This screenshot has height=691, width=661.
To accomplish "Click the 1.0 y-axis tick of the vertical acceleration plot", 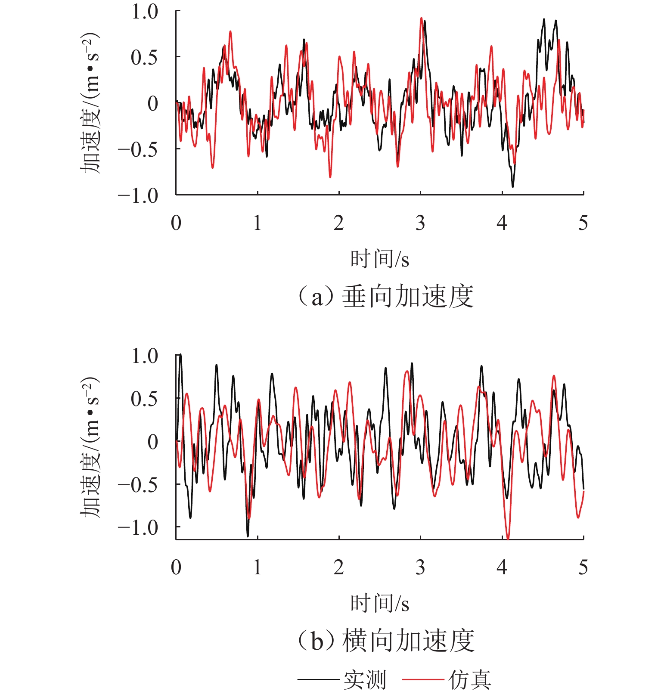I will tap(145, 12).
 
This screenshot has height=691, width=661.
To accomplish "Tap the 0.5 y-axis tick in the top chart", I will tap(145, 58).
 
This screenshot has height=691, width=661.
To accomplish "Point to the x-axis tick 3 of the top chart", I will tap(420, 223).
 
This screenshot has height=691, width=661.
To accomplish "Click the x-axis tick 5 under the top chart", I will tap(583, 223).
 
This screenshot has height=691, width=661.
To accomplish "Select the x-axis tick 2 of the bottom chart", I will tap(339, 567).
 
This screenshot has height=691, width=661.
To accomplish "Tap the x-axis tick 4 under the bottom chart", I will tap(502, 567).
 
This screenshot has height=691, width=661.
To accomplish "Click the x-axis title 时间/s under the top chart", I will tap(379, 259).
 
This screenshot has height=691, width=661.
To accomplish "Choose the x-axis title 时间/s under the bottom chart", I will tap(379, 603).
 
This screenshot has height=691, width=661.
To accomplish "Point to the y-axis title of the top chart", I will tap(90, 103).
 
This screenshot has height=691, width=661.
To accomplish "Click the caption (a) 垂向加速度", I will tap(385, 297).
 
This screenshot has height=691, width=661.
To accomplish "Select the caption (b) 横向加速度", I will tap(385, 641).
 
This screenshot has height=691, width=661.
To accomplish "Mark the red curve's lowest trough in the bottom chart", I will tap(508, 538).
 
